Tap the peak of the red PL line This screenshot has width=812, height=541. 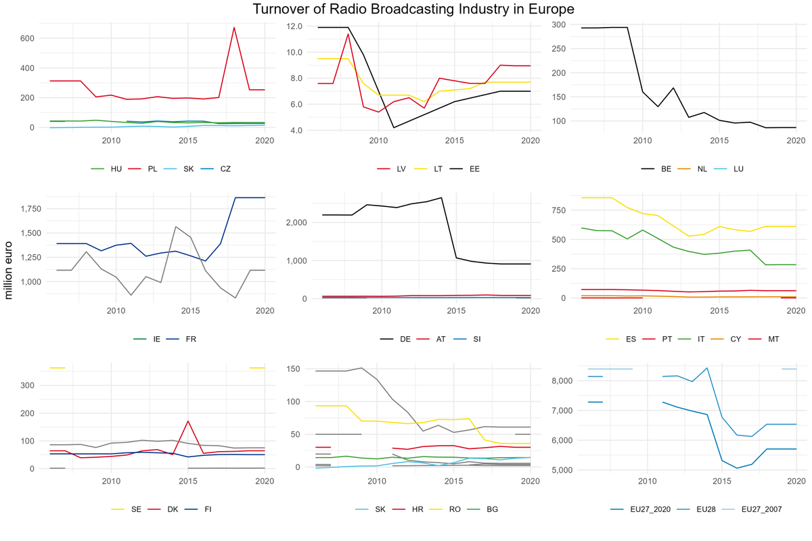click(x=234, y=28)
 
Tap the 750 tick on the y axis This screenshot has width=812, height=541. click(x=560, y=210)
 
